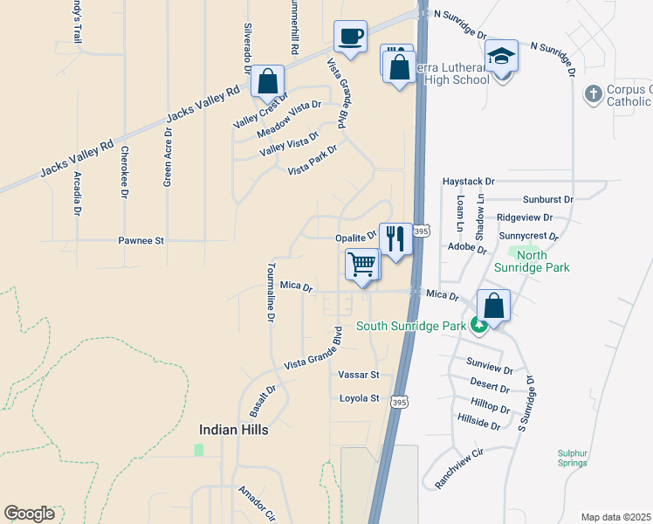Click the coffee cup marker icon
[350, 37]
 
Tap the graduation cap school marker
[502, 57]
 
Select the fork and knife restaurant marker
[395, 238]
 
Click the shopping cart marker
[362, 264]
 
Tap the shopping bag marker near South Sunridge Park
[493, 307]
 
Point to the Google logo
[29, 513]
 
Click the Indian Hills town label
[233, 430]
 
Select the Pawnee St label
[141, 239]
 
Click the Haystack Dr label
[468, 182]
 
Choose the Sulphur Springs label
[579, 458]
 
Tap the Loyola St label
[360, 398]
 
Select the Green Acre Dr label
[168, 157]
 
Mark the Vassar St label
[359, 375]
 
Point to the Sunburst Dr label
[547, 199]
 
